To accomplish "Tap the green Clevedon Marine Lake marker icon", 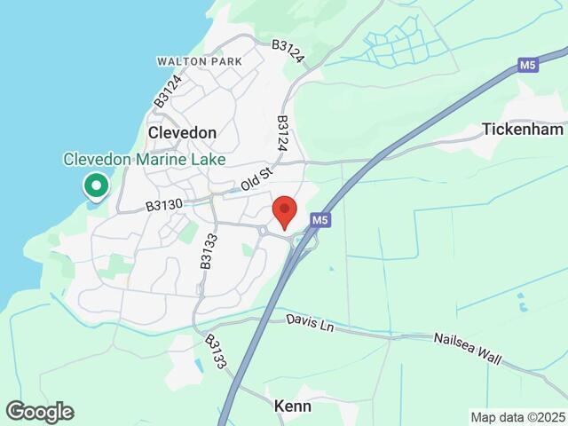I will click(x=95, y=186).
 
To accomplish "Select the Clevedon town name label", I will click(x=182, y=132).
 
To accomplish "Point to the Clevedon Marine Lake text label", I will click(x=144, y=159).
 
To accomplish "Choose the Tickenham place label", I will click(x=523, y=129).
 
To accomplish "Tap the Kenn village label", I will click(x=293, y=405).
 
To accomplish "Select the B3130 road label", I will click(x=163, y=205).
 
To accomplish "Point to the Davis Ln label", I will click(x=310, y=323).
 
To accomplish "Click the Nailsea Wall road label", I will click(x=468, y=350).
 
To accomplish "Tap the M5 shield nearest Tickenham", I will click(x=530, y=65).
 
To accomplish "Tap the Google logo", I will click(x=39, y=412).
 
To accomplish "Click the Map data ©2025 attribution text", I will click(x=517, y=417).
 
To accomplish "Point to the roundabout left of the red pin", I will click(x=264, y=231).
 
